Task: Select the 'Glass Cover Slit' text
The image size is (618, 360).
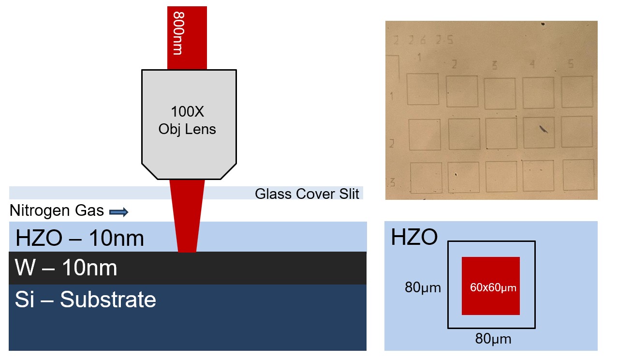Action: coord(307,194)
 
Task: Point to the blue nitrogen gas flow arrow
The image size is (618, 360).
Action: coord(118,211)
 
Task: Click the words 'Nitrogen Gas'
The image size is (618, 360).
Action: coord(57,211)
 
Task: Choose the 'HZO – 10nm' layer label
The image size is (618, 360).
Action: coord(80,239)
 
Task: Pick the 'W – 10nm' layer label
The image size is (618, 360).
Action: coord(66,268)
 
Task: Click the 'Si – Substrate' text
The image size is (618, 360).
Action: coord(86,300)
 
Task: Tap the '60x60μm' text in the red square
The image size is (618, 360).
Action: coord(493,287)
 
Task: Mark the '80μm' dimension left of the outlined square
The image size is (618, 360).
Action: coord(423,288)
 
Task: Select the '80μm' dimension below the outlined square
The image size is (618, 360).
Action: coord(493,339)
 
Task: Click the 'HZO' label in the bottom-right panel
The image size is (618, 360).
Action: coord(414,237)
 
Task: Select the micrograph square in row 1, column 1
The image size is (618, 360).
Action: coord(423,89)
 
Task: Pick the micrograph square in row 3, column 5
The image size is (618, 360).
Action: coord(578,175)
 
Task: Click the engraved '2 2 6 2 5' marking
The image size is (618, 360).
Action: coord(424,41)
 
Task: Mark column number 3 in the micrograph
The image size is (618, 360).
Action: coord(494,65)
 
